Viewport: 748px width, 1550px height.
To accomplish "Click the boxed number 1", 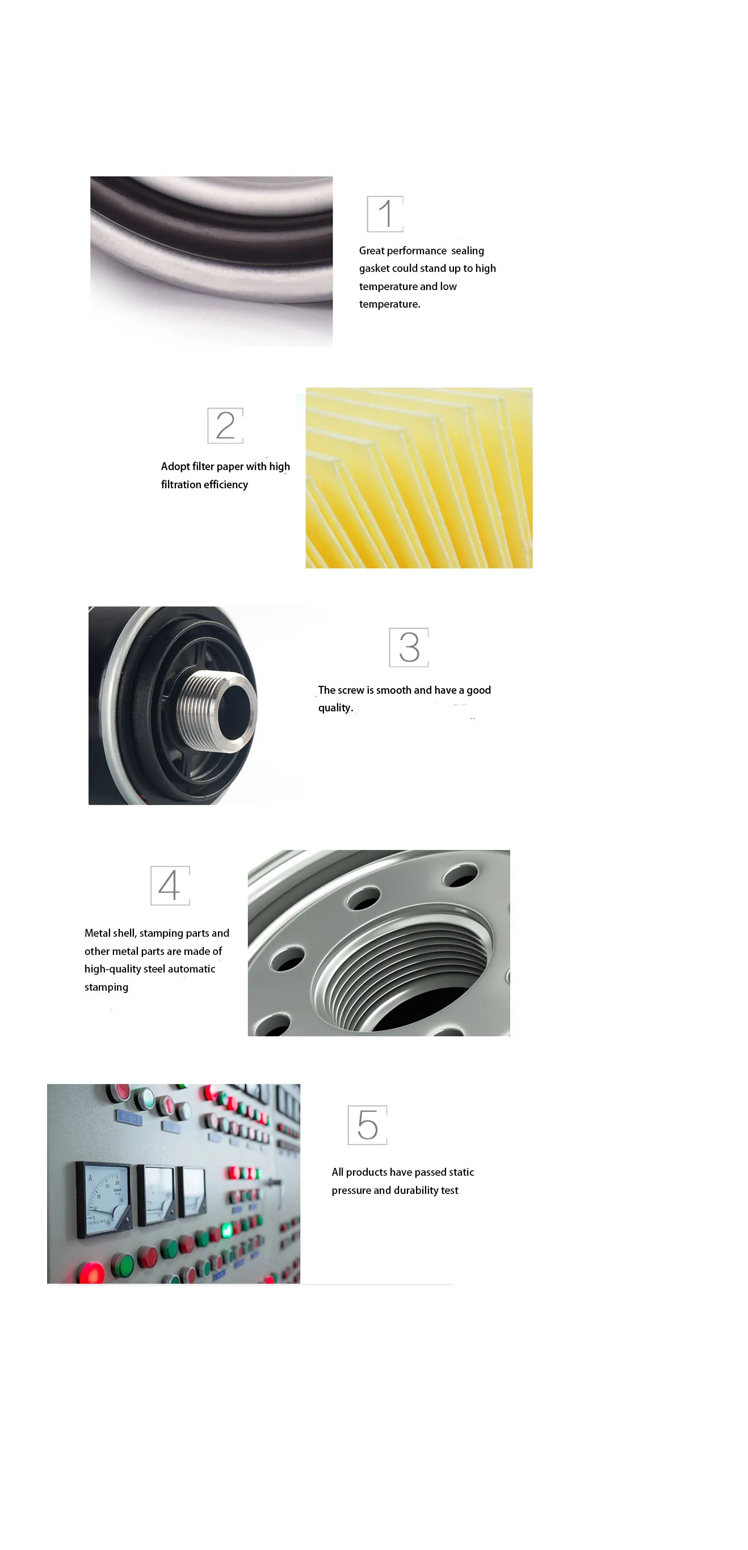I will (x=385, y=213).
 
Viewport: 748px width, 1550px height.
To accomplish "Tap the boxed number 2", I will (x=225, y=425).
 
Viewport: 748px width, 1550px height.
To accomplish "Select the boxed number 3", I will (x=409, y=647).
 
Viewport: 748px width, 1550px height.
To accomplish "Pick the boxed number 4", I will (x=170, y=885).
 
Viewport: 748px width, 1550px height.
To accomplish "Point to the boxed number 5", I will (x=367, y=1125).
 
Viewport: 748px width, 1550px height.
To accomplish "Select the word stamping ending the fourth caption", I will (x=107, y=987).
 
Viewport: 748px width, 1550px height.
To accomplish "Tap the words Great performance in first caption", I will (x=402, y=250).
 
